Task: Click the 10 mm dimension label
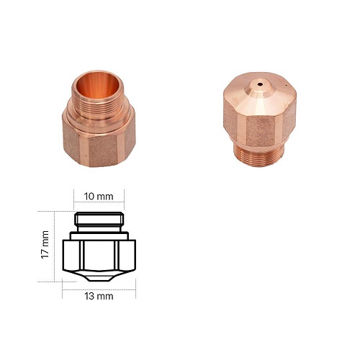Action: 99,197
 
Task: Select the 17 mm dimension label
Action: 45,245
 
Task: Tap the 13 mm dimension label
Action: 99,296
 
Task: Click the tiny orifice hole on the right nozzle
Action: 260,84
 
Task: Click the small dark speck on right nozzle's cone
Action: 286,85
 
